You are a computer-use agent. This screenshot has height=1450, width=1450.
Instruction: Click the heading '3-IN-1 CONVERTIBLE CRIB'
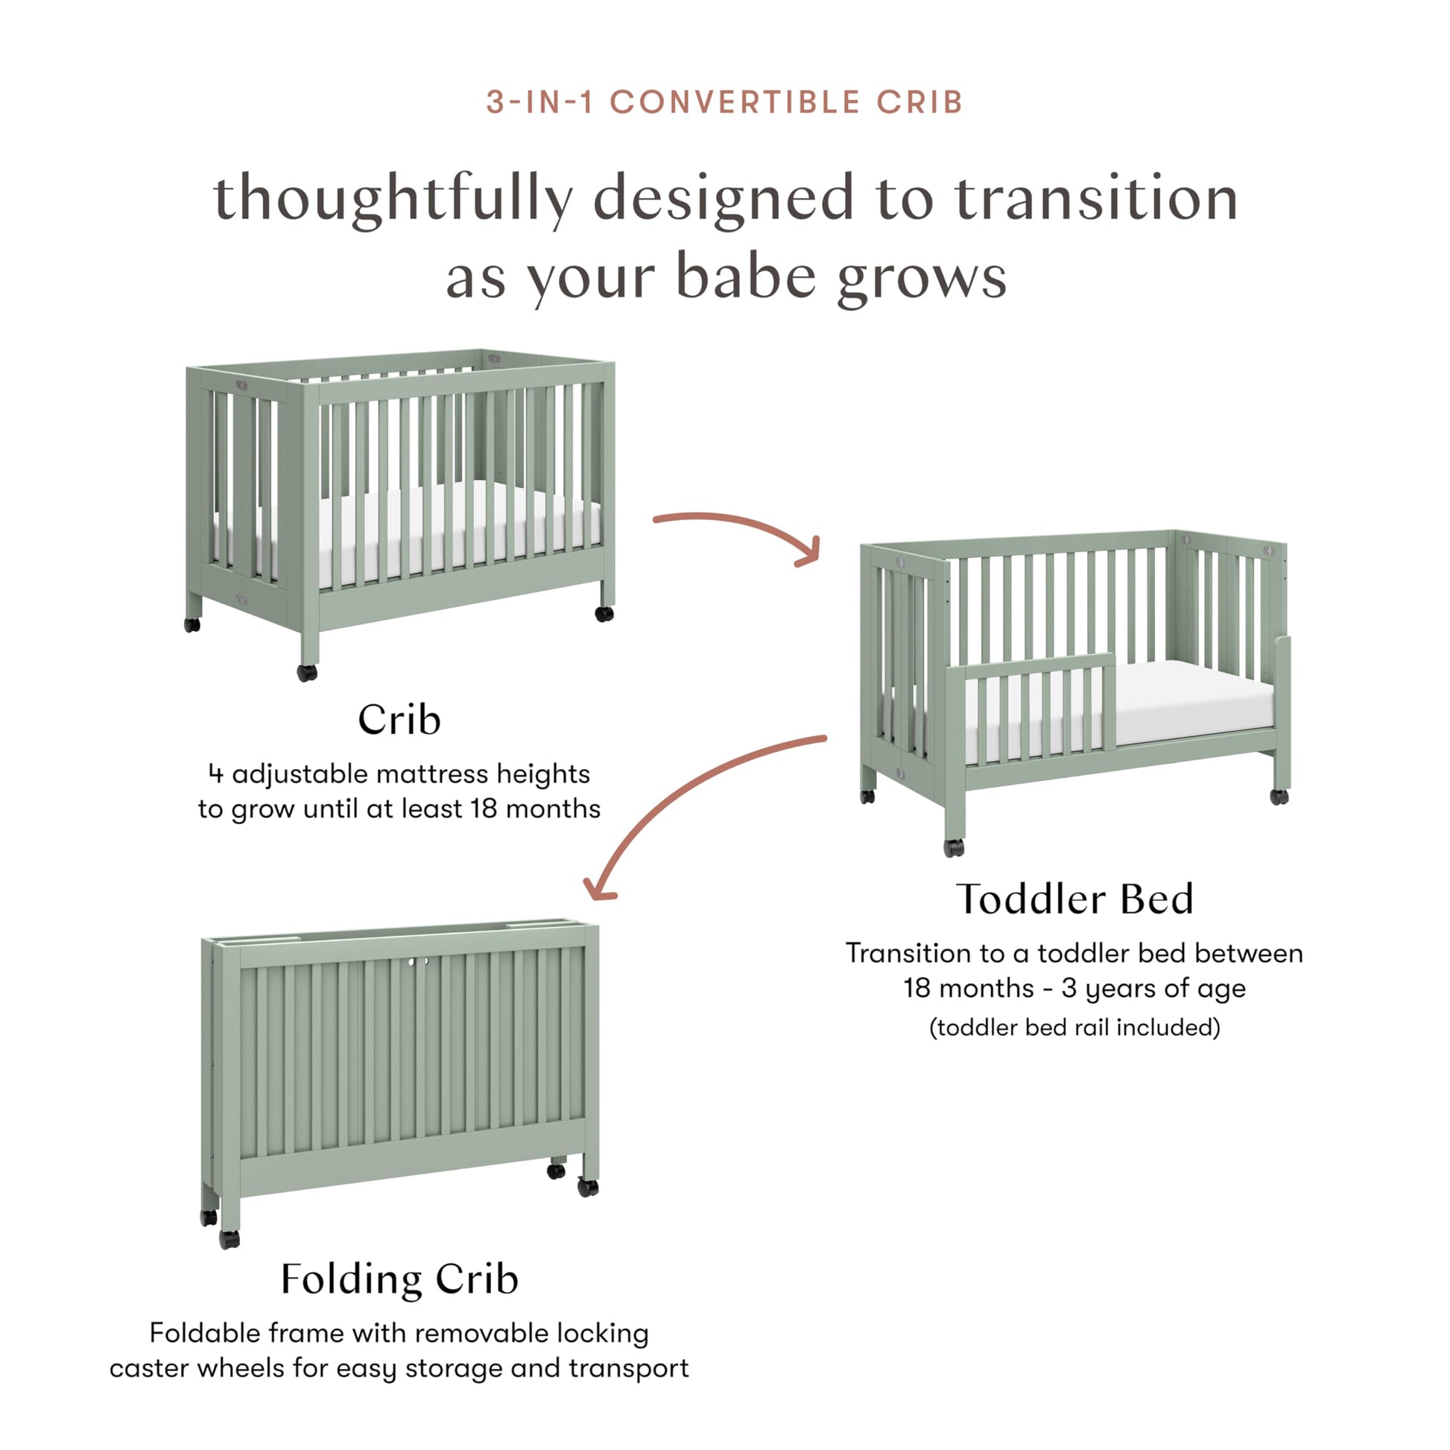724,102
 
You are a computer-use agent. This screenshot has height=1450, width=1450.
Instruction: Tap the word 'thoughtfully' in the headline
393,199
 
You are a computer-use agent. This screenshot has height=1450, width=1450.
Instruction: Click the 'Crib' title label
399,719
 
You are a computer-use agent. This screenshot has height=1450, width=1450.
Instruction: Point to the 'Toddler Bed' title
1074,899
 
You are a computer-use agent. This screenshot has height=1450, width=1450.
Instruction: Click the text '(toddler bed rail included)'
1074,1027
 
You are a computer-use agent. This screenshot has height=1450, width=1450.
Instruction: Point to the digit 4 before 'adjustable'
215,773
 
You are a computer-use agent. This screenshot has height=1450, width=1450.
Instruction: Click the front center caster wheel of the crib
307,672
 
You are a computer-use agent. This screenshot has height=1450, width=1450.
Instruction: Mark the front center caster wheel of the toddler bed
954,847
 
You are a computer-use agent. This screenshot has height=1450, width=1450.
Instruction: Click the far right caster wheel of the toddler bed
1279,797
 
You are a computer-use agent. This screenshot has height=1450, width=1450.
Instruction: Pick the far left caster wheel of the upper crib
192,624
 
